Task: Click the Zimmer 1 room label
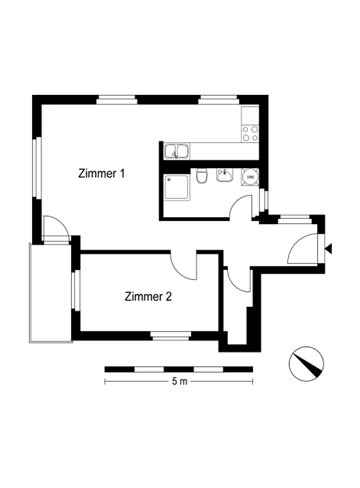point(101,173)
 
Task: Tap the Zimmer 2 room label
point(148,296)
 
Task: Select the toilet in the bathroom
point(202,176)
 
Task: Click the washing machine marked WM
point(250,177)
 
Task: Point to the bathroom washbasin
point(224,175)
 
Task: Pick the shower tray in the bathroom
point(177,187)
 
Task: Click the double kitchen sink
point(177,151)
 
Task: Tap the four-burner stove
point(250,134)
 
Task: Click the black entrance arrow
point(328,249)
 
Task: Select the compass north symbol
point(306,364)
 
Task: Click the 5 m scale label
point(179,381)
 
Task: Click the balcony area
point(51,293)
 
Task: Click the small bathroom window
point(264,199)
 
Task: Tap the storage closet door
point(239,279)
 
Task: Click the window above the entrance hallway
point(295,219)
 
